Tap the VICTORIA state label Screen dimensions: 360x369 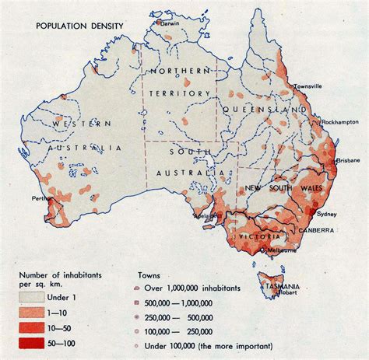coord(260,234)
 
